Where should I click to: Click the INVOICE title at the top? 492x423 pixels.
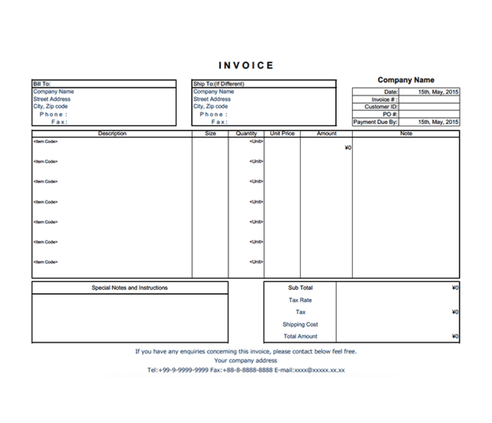246,66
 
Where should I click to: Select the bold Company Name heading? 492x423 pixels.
406,80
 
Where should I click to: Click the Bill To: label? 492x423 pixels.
42,84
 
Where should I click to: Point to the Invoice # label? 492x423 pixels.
385,99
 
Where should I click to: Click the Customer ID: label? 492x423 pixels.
381,107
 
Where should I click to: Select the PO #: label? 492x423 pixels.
390,114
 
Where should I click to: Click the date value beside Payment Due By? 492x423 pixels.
438,122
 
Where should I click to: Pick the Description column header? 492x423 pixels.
112,133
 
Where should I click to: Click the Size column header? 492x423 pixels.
210,133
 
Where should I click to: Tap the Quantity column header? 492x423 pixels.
246,133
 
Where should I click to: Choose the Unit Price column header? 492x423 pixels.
282,133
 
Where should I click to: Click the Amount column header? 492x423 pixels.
326,133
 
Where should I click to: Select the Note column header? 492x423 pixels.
406,133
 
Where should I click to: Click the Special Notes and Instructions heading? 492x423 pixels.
130,288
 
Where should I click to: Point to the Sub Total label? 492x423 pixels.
300,288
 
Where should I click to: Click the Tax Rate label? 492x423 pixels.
300,300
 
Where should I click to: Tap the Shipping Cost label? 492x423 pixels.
300,324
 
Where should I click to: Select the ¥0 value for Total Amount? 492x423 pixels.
455,336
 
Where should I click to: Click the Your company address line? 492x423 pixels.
246,360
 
